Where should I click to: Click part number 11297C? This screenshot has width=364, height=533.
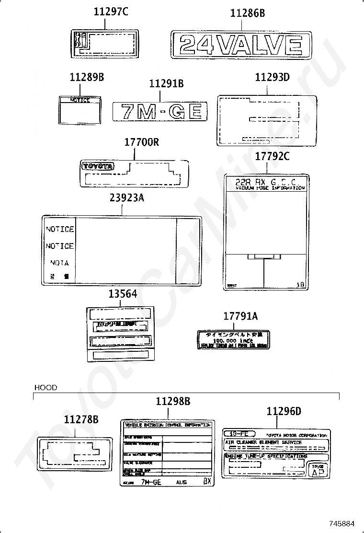108,13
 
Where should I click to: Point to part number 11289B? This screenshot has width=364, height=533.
86,77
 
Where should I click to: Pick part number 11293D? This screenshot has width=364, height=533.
272,77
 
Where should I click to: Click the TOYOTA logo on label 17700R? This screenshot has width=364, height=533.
98,166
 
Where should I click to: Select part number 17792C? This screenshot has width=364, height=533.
272,157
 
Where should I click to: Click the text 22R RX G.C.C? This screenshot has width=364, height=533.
266,182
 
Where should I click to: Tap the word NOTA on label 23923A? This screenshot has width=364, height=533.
60,263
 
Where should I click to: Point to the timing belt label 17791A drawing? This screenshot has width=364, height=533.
233,339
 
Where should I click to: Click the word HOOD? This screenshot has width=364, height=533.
45,387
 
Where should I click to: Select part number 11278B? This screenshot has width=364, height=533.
81,419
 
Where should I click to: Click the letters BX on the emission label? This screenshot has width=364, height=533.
206,481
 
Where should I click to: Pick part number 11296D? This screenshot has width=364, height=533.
284,411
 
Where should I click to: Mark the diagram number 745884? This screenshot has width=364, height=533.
341,523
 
